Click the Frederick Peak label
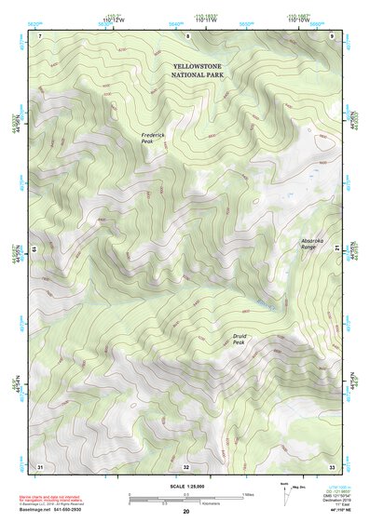point(153,139)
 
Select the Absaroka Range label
point(313,245)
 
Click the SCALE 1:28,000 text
point(185,485)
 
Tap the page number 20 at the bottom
point(185,512)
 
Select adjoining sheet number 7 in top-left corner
point(40,35)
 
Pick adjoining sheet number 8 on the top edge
point(186,35)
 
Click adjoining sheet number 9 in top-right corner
point(332,35)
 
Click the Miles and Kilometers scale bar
point(185,498)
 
